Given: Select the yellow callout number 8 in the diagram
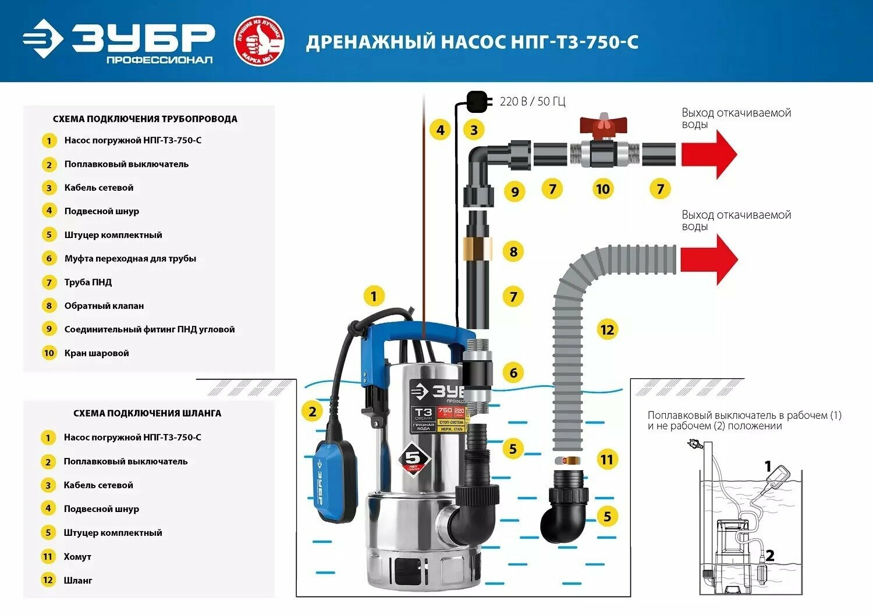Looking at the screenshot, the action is pyautogui.click(x=513, y=251).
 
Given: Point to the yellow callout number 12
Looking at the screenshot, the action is pyautogui.click(x=607, y=330).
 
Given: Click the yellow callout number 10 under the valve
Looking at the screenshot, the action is pyautogui.click(x=603, y=189).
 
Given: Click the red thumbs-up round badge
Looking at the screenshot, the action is pyautogui.click(x=259, y=41).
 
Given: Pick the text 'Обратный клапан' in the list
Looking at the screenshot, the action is pyautogui.click(x=104, y=305).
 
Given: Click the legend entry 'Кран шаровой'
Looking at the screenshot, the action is pyautogui.click(x=97, y=353).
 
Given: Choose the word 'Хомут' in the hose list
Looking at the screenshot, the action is pyautogui.click(x=77, y=557).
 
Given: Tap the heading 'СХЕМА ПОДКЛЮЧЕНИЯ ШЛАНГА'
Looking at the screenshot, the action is pyautogui.click(x=147, y=413).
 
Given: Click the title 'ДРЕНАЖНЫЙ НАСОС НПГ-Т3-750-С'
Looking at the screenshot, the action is pyautogui.click(x=472, y=42).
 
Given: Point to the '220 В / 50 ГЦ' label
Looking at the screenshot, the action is pyautogui.click(x=533, y=102).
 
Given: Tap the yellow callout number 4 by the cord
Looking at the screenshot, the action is pyautogui.click(x=441, y=130).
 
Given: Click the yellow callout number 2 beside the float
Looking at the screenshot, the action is pyautogui.click(x=313, y=412).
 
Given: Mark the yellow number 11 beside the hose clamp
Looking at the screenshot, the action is pyautogui.click(x=607, y=460).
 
